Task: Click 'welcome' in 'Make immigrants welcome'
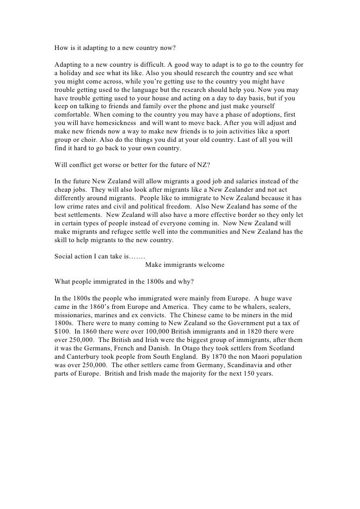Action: click(x=210, y=265)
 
